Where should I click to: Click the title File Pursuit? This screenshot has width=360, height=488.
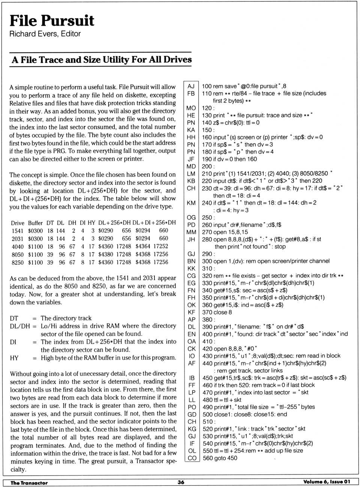pos(52,21)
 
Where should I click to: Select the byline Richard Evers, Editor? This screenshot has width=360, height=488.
pos(45,34)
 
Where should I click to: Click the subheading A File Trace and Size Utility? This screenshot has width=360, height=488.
pos(102,60)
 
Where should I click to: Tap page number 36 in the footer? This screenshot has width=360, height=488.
pos(181,482)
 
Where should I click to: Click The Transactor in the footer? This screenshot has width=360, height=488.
pos(29,483)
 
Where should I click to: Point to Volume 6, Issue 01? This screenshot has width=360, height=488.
pos(327,482)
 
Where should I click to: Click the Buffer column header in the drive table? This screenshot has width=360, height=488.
pos(35,223)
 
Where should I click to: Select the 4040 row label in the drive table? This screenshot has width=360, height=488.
pos(18,247)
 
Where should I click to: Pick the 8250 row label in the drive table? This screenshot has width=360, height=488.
pos(18,262)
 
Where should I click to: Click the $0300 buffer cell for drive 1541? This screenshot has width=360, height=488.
pos(35,231)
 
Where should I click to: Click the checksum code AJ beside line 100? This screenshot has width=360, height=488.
pos(191,86)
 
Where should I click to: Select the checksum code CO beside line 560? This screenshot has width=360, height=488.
pos(192,458)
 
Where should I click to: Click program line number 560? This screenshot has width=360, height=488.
pos(207,458)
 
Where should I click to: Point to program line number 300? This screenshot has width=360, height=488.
pos(207,261)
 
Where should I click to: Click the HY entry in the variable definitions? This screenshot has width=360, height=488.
pos(14,358)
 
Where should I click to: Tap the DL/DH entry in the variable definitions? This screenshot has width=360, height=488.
pos(20,326)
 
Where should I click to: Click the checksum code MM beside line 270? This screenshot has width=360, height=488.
pos(191,232)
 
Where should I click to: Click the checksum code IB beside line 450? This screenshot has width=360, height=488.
pos(192,378)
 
